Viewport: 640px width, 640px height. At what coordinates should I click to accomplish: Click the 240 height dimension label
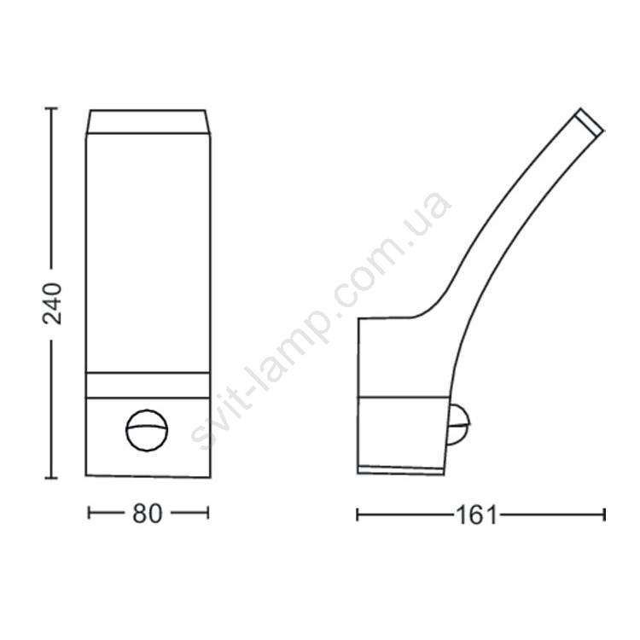(52, 304)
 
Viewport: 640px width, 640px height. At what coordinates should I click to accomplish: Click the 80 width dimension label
(148, 514)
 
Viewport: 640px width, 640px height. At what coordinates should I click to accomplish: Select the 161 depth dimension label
(476, 515)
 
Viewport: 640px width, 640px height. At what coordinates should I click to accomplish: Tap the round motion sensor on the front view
(147, 430)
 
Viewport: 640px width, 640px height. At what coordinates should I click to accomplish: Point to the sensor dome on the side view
(459, 424)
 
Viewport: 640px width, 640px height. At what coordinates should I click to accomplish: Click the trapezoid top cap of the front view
(148, 122)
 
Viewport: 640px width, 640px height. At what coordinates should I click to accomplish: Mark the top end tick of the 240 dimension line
(51, 108)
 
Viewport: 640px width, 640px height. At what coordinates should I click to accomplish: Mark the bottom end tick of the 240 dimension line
(51, 478)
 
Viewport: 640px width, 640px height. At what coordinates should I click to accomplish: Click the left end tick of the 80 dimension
(89, 513)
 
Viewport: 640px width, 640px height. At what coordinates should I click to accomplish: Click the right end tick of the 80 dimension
(208, 513)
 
